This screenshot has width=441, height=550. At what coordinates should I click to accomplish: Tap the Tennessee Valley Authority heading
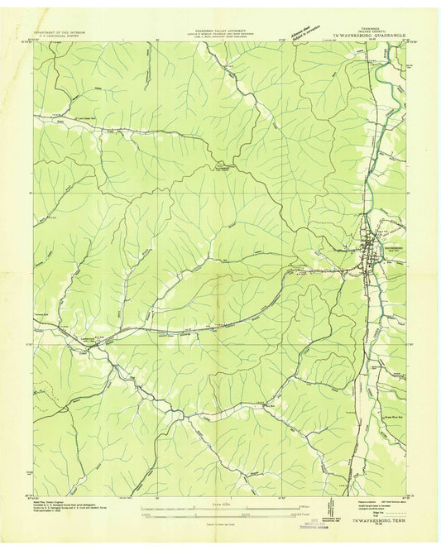point(220,27)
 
